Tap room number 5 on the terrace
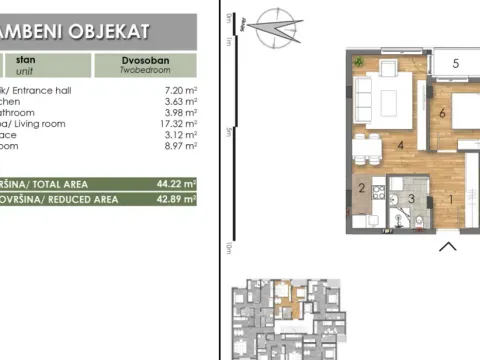point(456,64)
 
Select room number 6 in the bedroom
point(441,112)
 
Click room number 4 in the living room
point(399,147)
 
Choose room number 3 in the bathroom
point(410,199)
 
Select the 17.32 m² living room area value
point(175,134)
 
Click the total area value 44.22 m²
point(175,183)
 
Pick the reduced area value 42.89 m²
point(175,199)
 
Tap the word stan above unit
point(24,59)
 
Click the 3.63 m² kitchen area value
point(177,104)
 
